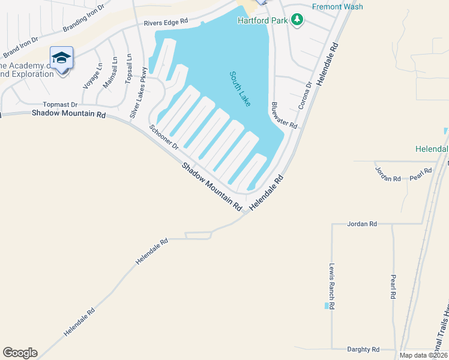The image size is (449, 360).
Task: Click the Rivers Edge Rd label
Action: [166, 22]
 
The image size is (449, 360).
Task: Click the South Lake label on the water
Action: [240, 89]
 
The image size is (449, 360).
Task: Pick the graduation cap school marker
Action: [61, 58]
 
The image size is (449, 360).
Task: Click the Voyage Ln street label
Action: [92, 76]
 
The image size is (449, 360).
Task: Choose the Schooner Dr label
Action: [164, 138]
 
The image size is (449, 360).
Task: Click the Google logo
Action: [20, 353]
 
